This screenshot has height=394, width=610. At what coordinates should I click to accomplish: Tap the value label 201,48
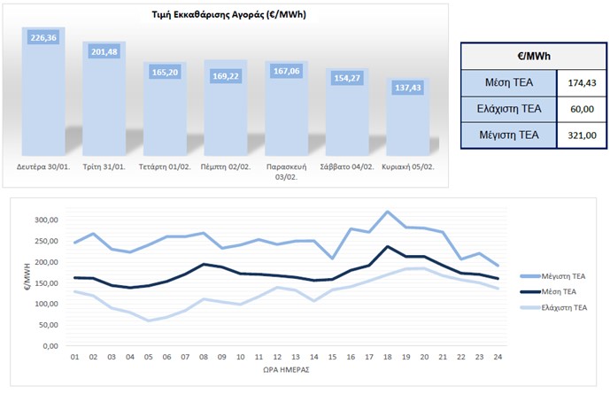104,52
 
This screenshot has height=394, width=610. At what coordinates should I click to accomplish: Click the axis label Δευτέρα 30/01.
42,165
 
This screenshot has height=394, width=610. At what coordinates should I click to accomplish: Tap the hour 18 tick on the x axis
386,357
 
